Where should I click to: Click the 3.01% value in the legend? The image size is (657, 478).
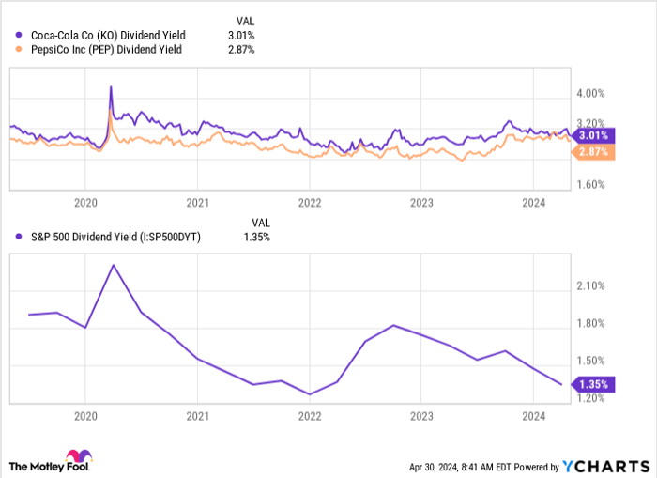click(240, 36)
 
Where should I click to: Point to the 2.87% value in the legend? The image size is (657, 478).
click(240, 49)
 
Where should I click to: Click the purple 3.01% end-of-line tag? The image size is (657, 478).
click(593, 134)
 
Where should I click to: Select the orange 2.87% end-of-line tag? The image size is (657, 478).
click(593, 152)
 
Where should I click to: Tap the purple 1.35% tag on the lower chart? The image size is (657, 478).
click(593, 384)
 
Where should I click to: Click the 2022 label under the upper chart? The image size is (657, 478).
click(309, 202)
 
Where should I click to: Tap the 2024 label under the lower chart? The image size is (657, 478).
click(533, 415)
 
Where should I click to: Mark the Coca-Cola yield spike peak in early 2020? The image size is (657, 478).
click(112, 86)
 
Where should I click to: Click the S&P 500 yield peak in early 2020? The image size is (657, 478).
click(114, 265)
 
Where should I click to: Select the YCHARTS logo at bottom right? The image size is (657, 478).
click(604, 466)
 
